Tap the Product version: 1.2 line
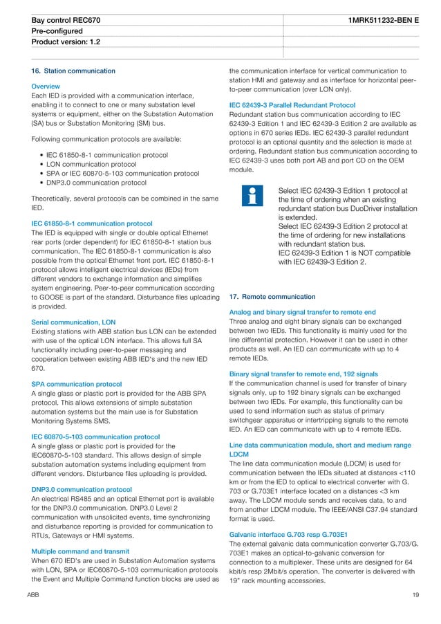(66, 42)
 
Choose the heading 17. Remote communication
(272, 297)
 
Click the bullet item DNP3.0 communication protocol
(96, 183)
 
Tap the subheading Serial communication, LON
(73, 322)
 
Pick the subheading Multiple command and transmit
(81, 551)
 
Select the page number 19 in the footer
(415, 595)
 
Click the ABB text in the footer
(32, 595)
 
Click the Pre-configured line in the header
(57, 32)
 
